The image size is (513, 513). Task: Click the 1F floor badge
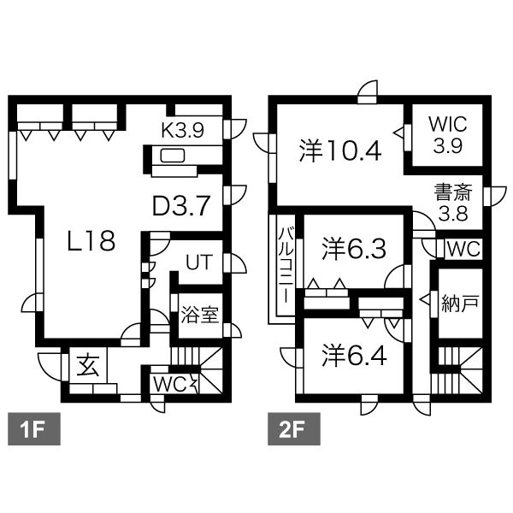pyautogui.click(x=34, y=429)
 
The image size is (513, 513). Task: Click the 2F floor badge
pyautogui.click(x=294, y=429)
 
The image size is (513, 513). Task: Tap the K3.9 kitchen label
pyautogui.click(x=183, y=130)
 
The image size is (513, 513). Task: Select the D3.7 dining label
pyautogui.click(x=181, y=205)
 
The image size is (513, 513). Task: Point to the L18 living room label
pyautogui.click(x=91, y=240)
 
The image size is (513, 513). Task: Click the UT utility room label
pyautogui.click(x=199, y=262)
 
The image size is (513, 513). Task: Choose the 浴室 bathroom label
pyautogui.click(x=199, y=315)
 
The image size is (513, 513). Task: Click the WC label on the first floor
pyautogui.click(x=170, y=385)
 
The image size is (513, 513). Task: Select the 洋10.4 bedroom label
pyautogui.click(x=340, y=150)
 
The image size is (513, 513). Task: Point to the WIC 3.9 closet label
pyautogui.click(x=447, y=135)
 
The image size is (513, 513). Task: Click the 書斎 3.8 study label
pyautogui.click(x=453, y=203)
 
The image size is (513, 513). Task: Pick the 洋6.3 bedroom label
pyautogui.click(x=354, y=249)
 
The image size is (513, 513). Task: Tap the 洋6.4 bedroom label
pyautogui.click(x=354, y=356)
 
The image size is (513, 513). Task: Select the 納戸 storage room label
pyautogui.click(x=460, y=304)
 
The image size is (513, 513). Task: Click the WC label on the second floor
pyautogui.click(x=463, y=250)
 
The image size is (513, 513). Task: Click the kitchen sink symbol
pyautogui.click(x=173, y=156)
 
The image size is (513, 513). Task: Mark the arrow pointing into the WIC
pyautogui.click(x=398, y=133)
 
